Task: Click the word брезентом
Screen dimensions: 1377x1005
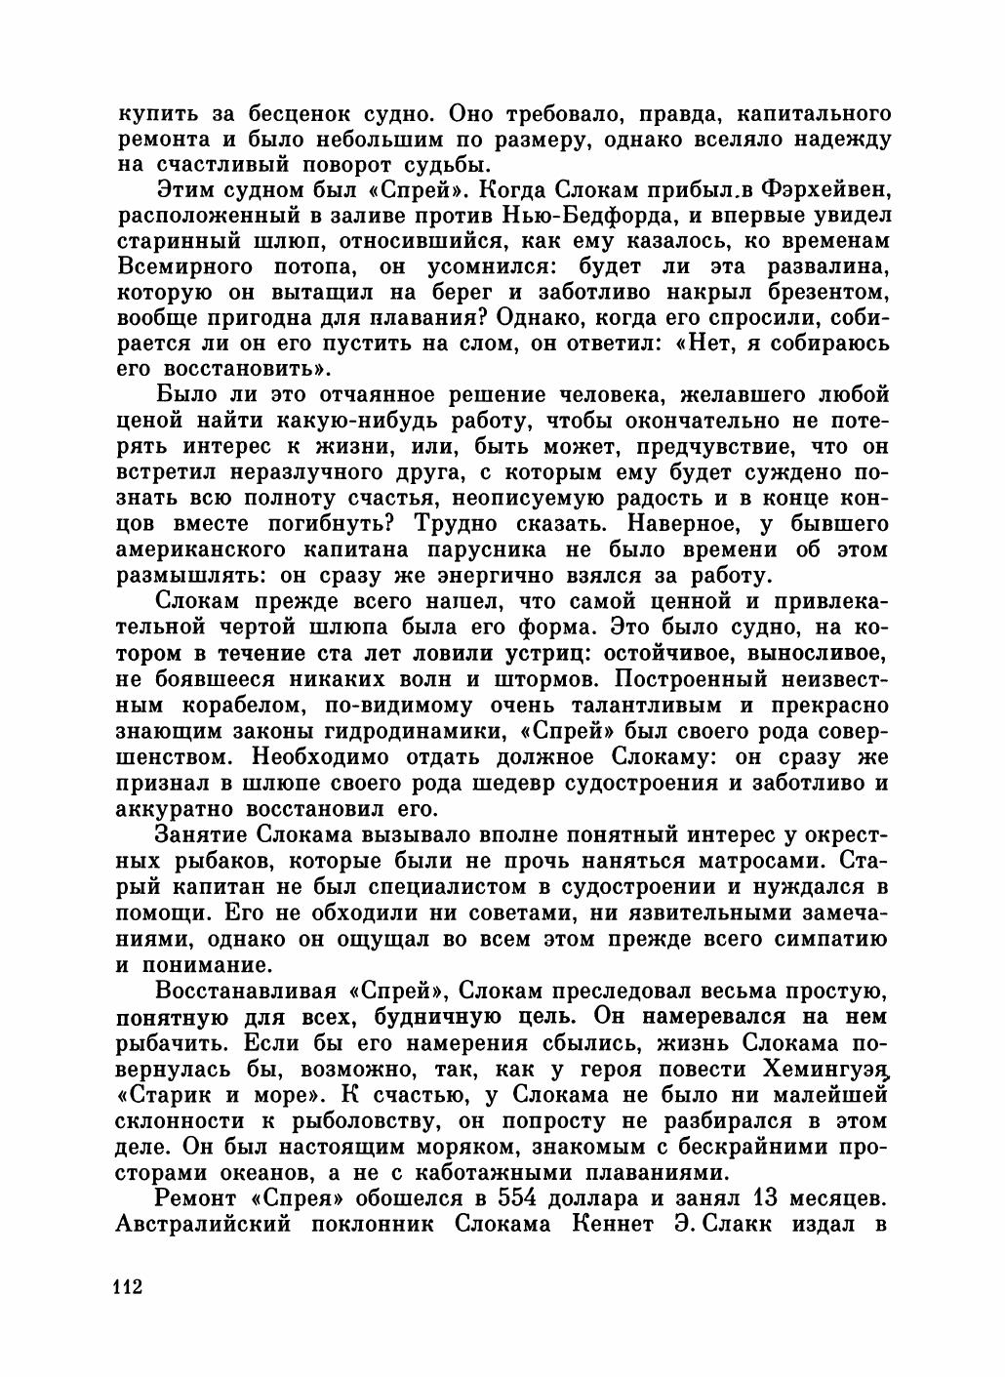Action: coord(826,292)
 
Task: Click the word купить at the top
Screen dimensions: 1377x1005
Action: coord(158,113)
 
